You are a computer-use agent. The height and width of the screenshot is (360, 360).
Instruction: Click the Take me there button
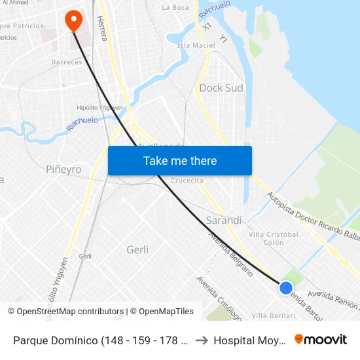180,160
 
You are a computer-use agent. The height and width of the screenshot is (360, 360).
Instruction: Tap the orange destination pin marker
73,21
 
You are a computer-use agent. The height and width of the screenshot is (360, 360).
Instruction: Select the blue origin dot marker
286,287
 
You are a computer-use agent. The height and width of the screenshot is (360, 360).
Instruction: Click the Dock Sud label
221,88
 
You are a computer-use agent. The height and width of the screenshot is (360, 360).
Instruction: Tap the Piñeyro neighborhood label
63,170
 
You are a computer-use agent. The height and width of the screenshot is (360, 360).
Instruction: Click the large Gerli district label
137,249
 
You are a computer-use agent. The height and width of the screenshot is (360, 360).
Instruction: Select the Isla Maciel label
192,45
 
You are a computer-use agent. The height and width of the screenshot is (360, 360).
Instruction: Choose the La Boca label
175,8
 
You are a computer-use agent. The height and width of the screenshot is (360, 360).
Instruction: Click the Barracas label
67,62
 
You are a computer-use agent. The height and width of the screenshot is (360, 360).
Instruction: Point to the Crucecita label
187,180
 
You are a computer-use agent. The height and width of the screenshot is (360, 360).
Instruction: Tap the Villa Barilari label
274,315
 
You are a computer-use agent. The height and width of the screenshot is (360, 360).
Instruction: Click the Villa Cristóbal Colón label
274,238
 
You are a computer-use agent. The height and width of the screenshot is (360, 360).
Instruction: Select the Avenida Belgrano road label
230,254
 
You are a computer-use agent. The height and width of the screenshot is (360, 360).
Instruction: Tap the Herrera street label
102,29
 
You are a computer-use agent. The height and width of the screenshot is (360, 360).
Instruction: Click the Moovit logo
321,339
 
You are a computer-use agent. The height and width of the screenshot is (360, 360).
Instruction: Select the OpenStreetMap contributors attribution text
69,312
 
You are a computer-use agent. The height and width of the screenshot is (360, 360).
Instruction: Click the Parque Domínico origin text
101,340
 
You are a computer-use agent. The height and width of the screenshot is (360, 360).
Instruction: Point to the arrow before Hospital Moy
202,340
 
